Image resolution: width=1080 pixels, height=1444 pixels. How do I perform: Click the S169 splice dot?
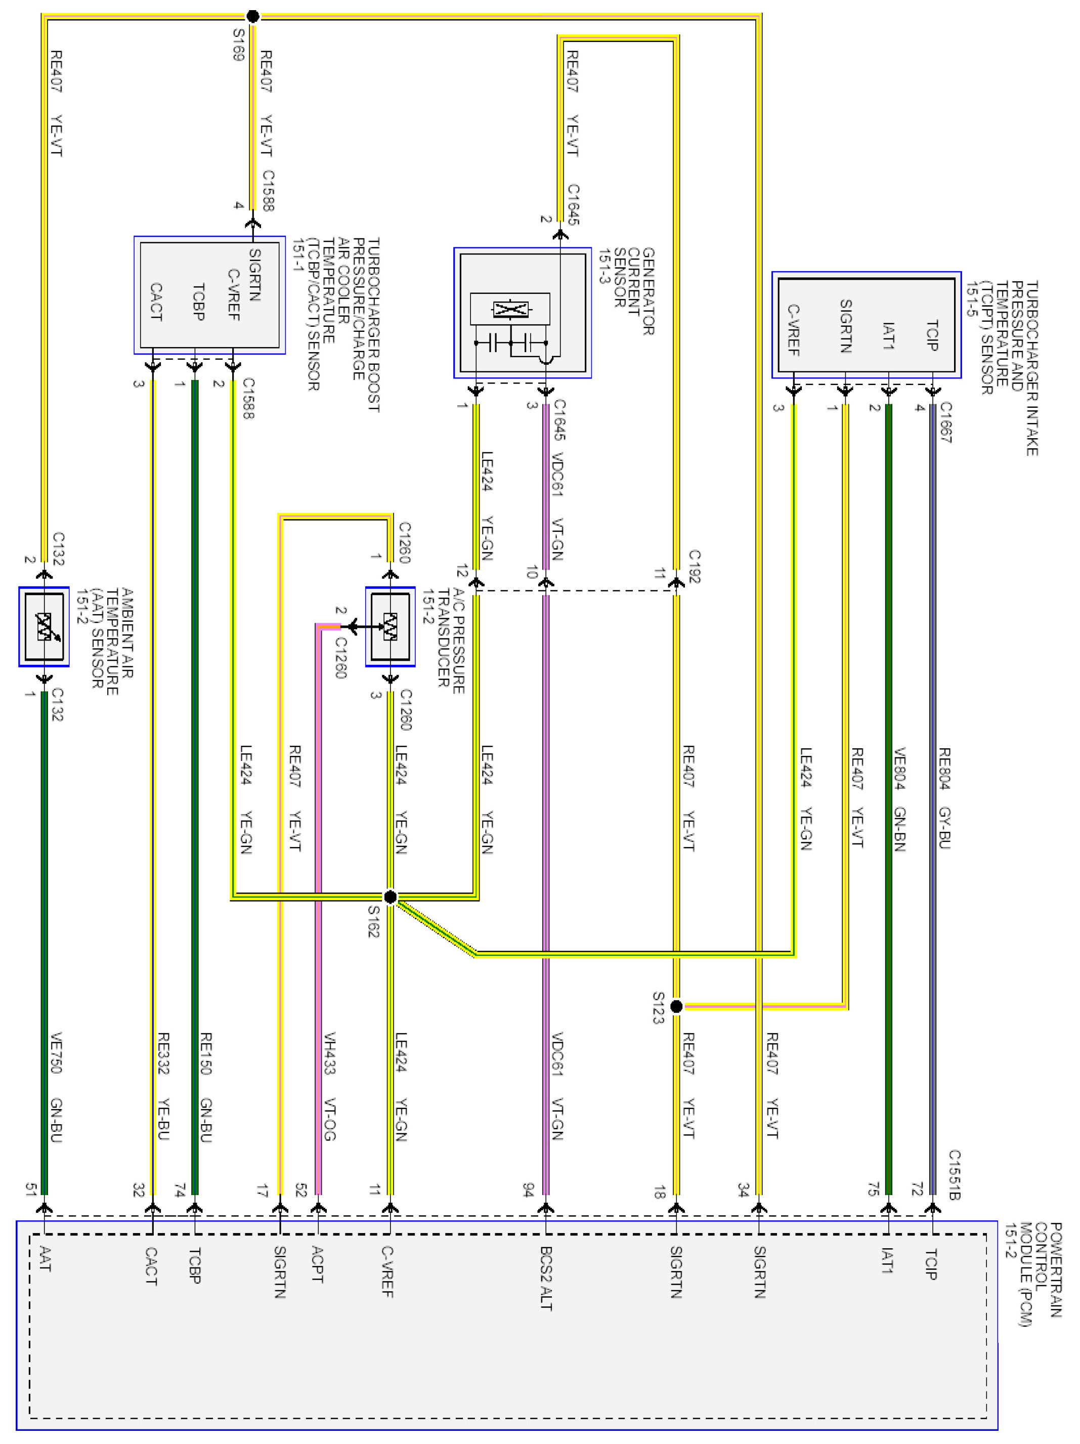(252, 16)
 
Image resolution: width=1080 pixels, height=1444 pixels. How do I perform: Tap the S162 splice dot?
(390, 897)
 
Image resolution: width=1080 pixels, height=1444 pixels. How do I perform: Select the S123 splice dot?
(676, 1006)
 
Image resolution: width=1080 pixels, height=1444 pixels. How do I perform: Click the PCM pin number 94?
(529, 1190)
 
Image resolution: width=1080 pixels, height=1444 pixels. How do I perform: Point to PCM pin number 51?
(30, 1190)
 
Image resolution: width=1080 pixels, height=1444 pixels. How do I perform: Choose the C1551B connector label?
(954, 1175)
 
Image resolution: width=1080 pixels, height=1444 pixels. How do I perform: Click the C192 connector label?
(695, 567)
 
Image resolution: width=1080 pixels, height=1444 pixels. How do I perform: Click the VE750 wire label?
(57, 1053)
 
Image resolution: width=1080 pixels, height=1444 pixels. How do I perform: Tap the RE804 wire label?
(943, 769)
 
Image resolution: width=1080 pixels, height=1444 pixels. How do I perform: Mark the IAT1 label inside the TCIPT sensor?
(887, 335)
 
